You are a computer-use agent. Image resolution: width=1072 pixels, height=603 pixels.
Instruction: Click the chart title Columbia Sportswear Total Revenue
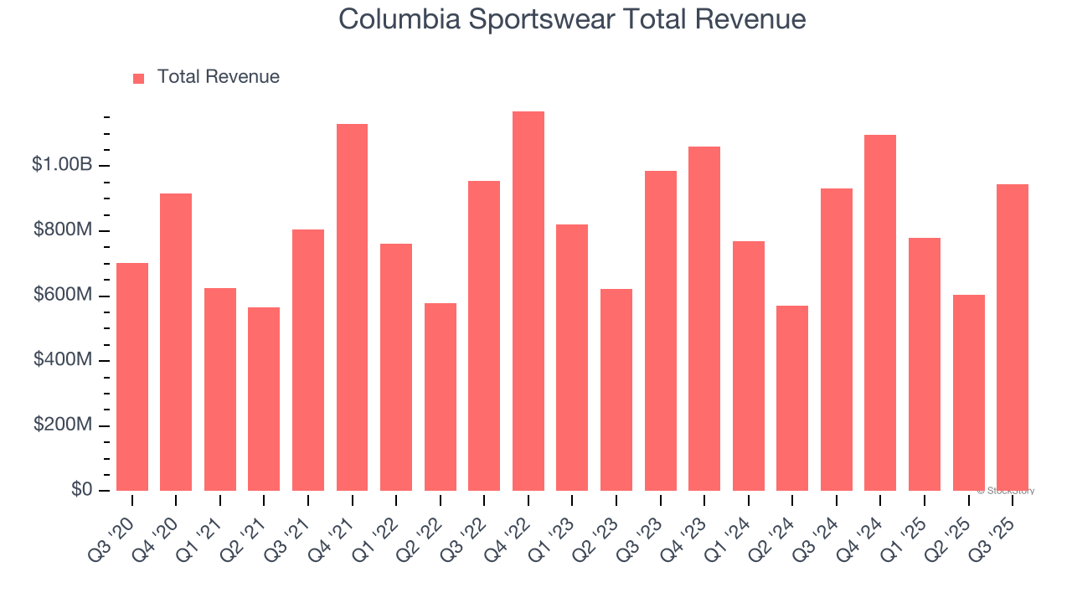(x=572, y=19)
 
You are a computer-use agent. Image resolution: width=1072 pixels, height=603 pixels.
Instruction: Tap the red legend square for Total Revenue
(x=139, y=78)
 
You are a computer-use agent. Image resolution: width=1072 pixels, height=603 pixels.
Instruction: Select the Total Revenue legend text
(x=218, y=77)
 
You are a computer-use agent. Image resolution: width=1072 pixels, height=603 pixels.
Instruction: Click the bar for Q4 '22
(x=528, y=301)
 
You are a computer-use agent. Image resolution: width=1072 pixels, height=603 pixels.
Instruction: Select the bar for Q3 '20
(x=132, y=377)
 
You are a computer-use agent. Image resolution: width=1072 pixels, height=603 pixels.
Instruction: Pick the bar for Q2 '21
(x=264, y=399)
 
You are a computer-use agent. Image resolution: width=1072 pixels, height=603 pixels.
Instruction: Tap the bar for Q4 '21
(x=352, y=307)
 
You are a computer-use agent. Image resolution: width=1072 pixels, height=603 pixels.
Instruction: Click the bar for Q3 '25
(x=1013, y=338)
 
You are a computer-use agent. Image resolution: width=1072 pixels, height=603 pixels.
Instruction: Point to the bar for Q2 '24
(x=792, y=398)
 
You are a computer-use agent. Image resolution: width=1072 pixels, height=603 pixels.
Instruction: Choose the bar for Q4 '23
(x=704, y=318)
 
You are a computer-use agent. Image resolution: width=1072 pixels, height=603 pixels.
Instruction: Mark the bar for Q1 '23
(x=572, y=358)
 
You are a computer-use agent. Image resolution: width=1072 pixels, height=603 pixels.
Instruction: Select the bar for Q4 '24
(x=880, y=312)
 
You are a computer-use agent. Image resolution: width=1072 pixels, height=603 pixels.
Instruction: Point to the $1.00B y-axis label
(x=62, y=165)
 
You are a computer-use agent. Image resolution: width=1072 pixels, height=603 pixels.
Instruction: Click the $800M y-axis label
(x=64, y=230)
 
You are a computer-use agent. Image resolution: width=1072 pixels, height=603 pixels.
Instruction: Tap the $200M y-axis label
(x=64, y=425)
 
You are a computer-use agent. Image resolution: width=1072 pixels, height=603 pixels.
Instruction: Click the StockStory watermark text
(x=1006, y=491)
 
